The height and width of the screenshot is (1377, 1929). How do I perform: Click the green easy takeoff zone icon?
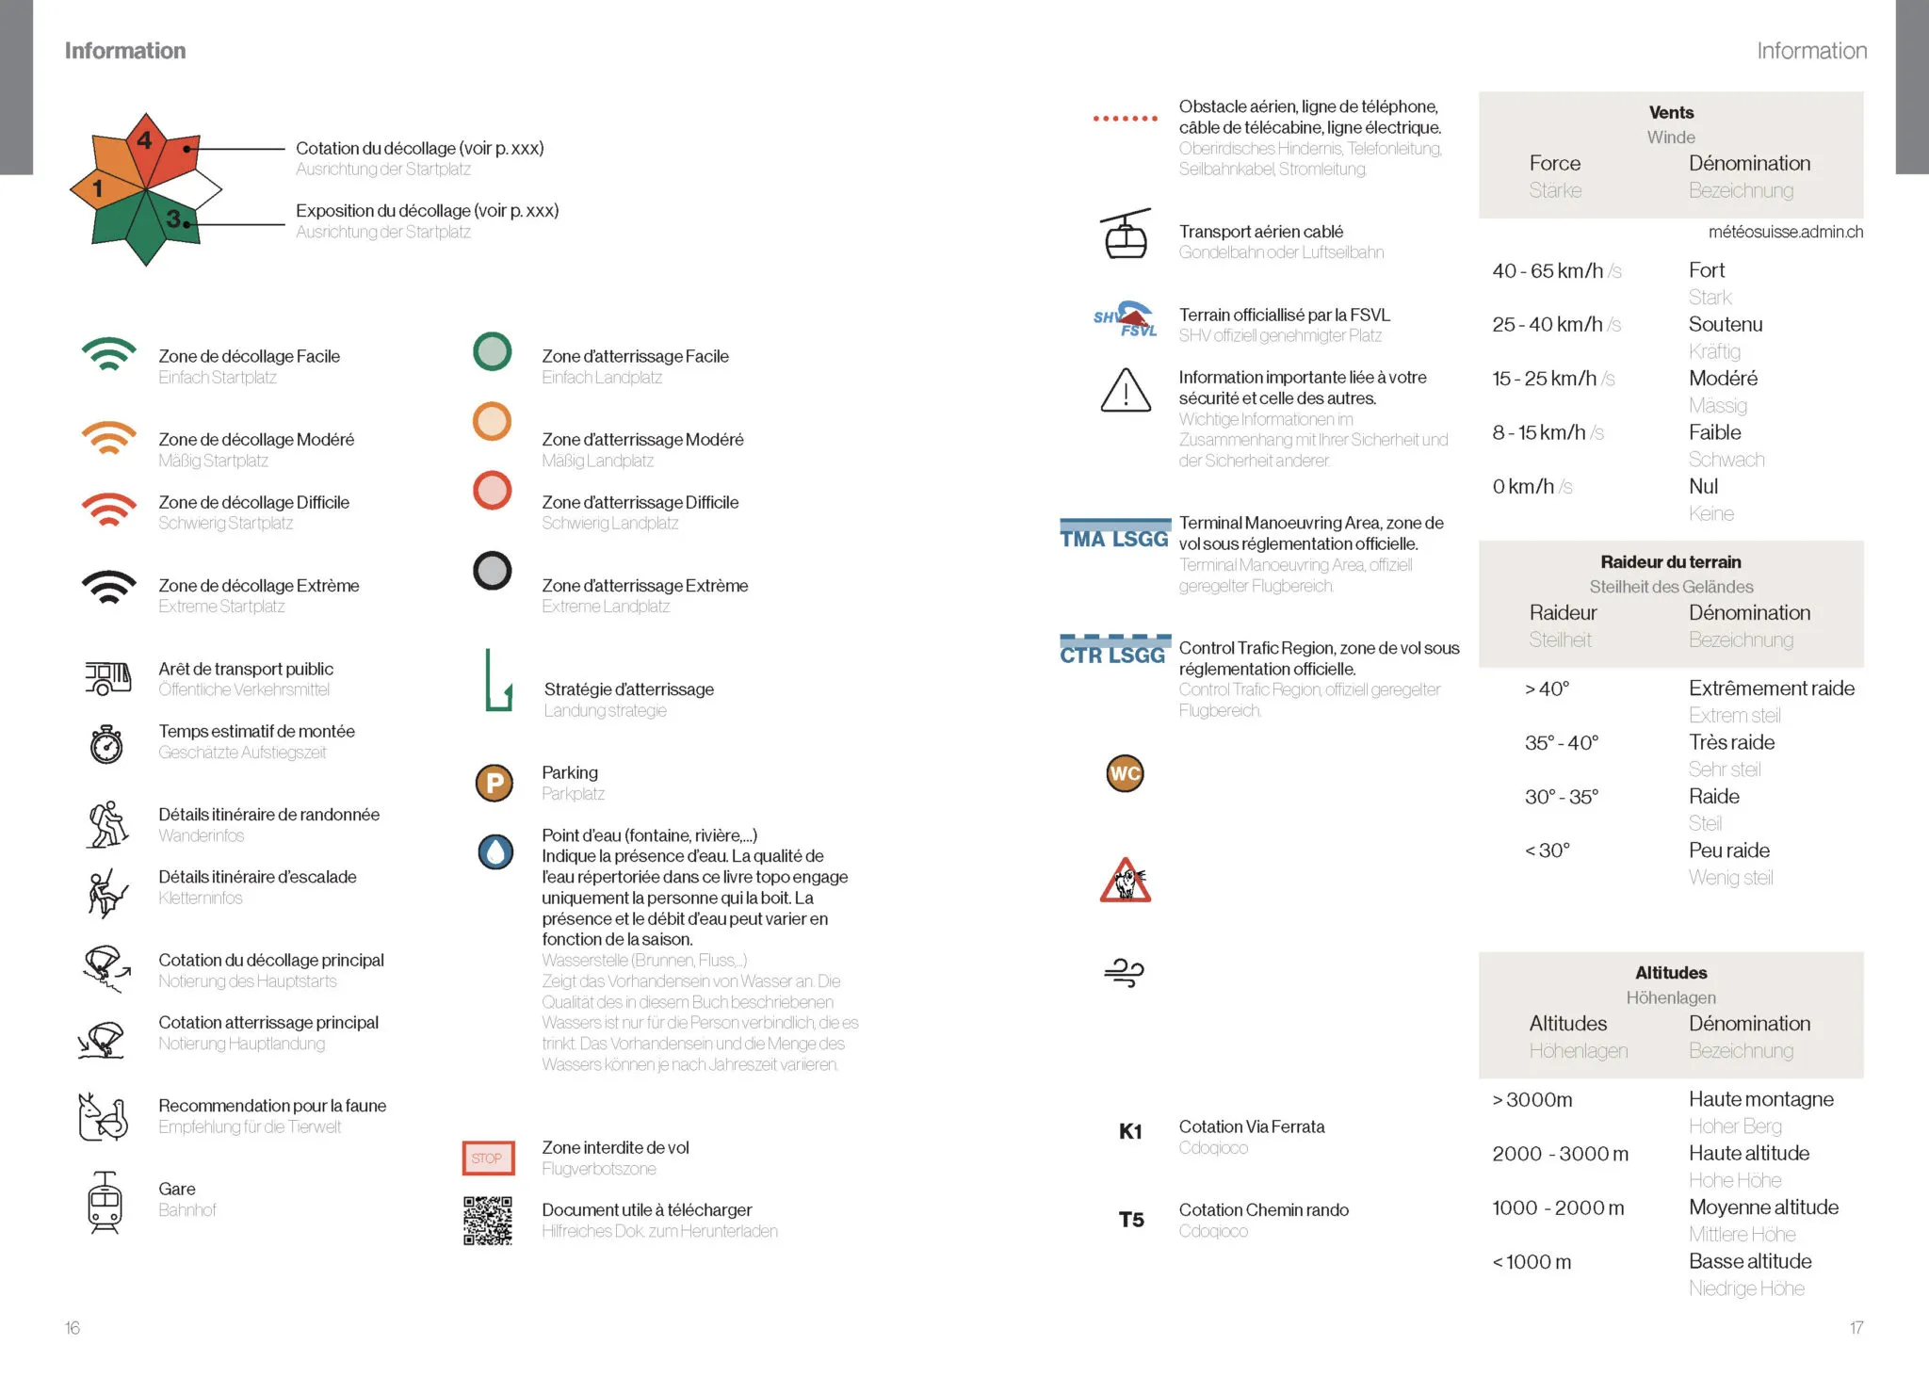tap(109, 354)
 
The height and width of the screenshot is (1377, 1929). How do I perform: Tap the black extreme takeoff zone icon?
tap(109, 586)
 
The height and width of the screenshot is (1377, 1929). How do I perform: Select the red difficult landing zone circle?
tap(492, 491)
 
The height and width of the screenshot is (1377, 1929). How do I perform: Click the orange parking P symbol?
tap(494, 783)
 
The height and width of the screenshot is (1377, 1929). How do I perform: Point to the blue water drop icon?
tap(495, 851)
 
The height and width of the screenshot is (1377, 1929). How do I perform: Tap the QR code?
tap(488, 1221)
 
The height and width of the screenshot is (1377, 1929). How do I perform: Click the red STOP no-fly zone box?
tap(488, 1158)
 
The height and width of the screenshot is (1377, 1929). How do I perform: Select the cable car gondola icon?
tap(1126, 235)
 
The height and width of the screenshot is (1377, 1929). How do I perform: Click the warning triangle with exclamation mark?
tap(1126, 391)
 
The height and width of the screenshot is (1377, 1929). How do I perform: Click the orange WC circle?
tap(1125, 773)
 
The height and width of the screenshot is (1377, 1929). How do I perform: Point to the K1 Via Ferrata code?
tap(1130, 1131)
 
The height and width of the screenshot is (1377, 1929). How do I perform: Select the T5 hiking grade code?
tap(1131, 1220)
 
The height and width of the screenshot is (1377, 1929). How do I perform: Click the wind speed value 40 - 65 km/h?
tap(1548, 271)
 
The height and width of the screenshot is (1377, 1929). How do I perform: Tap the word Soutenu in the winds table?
tap(1726, 325)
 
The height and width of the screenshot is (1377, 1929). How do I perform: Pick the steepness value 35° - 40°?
tap(1562, 743)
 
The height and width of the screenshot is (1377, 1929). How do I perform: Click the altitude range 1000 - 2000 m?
tap(1558, 1208)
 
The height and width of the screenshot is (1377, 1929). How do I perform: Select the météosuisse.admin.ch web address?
tap(1785, 233)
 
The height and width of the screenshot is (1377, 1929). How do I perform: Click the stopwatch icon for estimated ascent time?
tap(106, 744)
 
